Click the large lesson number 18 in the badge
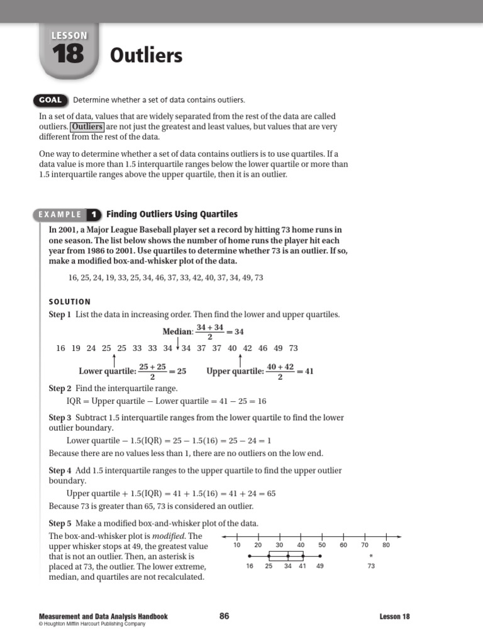tap(69, 55)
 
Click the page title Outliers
tap(146, 56)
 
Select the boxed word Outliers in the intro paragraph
tap(87, 126)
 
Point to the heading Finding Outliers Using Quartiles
tap(172, 214)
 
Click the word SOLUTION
tap(70, 302)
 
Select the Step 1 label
tap(60, 314)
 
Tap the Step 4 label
tap(60, 470)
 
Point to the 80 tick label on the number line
tap(386, 545)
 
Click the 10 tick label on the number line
tap(236, 545)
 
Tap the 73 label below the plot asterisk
tap(371, 567)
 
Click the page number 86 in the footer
tap(225, 616)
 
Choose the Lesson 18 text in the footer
tap(394, 617)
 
